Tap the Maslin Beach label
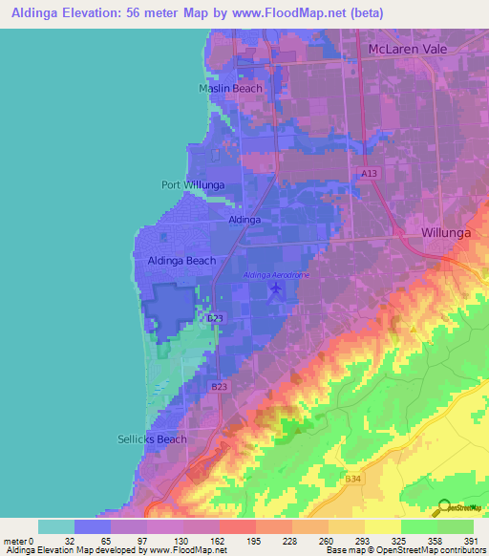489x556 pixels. tap(230, 89)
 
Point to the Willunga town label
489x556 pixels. tap(448, 232)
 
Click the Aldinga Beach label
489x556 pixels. tap(181, 260)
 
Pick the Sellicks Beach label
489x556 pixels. tap(145, 439)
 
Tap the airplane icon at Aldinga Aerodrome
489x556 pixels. tap(277, 289)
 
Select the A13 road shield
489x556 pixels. tap(371, 173)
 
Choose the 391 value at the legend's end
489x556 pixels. tap(472, 541)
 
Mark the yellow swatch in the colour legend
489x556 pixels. tap(382, 526)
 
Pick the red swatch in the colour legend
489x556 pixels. tap(237, 526)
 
